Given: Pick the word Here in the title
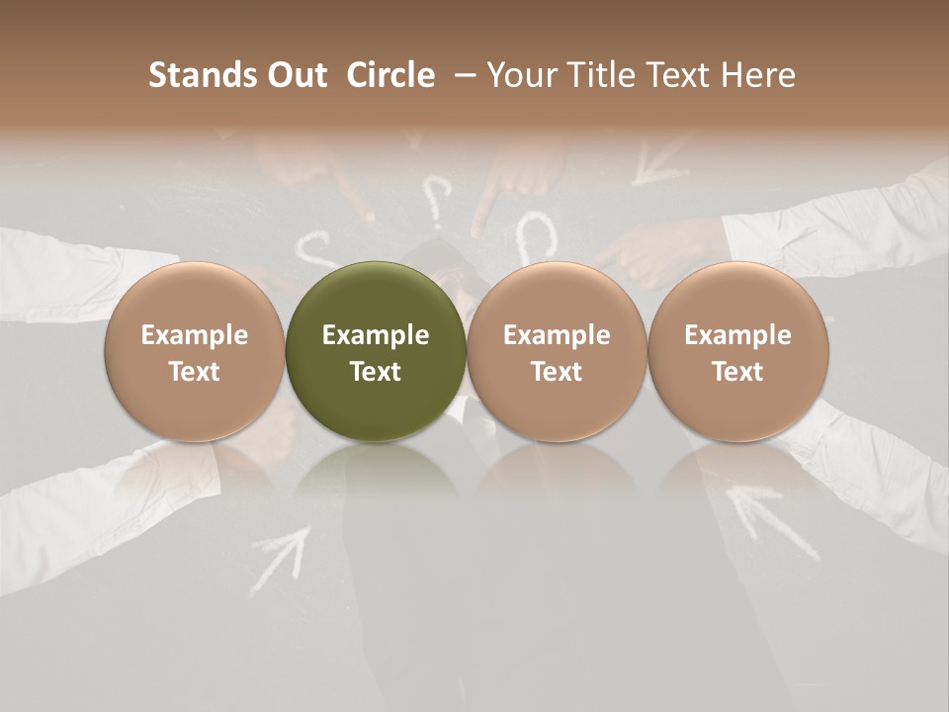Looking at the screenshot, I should pyautogui.click(x=761, y=75).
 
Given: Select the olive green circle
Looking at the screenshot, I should pyautogui.click(x=376, y=351).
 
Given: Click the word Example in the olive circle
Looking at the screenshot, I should pyautogui.click(x=376, y=335).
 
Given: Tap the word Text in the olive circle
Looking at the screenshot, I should pyautogui.click(x=376, y=372).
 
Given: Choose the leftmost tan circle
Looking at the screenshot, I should pyautogui.click(x=195, y=351).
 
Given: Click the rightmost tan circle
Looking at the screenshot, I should pyautogui.click(x=738, y=351).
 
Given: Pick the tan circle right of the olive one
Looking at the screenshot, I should pyautogui.click(x=557, y=351).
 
